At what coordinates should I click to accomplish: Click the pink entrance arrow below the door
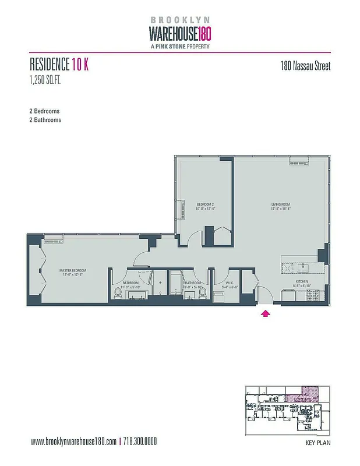pyautogui.click(x=266, y=314)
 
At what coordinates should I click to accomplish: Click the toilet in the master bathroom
pyautogui.click(x=118, y=293)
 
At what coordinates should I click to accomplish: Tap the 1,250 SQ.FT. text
pyautogui.click(x=45, y=80)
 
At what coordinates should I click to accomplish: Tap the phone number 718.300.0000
pyautogui.click(x=140, y=442)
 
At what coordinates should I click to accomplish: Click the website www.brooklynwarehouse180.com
pyautogui.click(x=73, y=442)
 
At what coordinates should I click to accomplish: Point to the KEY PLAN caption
pyautogui.click(x=318, y=443)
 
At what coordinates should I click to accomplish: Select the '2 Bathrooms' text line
pyautogui.click(x=45, y=120)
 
